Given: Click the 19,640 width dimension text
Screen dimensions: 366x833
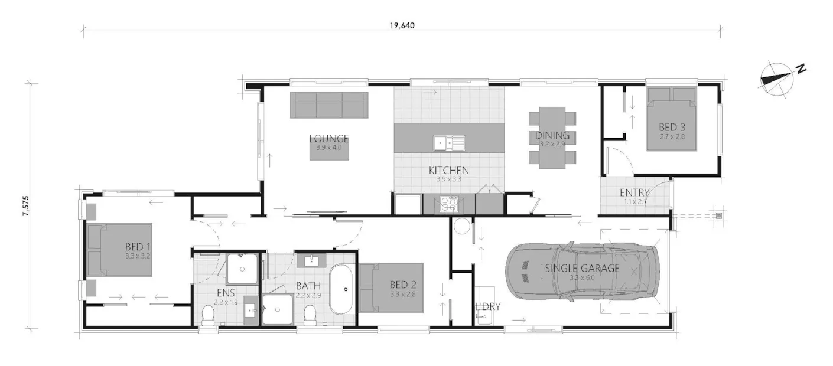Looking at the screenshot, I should coord(400,25).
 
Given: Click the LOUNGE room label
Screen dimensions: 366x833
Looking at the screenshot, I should coord(329,139).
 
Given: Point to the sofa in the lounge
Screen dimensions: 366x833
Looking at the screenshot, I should coord(328,104).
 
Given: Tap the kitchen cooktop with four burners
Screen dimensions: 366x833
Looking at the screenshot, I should coord(449,204).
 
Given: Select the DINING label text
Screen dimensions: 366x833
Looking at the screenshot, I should coord(552,136).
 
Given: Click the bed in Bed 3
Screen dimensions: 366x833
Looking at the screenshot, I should coord(672,119).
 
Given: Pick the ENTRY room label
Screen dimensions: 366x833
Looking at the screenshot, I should coord(634,193).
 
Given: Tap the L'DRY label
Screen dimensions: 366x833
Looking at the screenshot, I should coord(488,306).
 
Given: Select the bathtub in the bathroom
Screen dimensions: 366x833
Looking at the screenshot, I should coord(342,290).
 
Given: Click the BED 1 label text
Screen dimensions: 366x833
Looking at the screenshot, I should coord(138,247).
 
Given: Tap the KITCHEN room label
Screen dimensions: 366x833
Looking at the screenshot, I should coord(449,171).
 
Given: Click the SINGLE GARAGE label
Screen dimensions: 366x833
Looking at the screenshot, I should coord(582,268).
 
